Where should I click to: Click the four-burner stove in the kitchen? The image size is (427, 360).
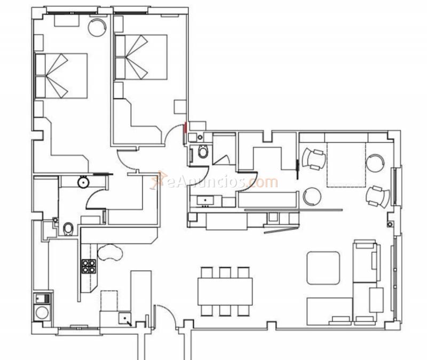click(88, 266)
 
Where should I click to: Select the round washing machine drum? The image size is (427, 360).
click(41, 312)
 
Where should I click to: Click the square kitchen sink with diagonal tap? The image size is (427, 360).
click(125, 319)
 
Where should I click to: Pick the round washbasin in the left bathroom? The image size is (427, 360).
click(83, 182)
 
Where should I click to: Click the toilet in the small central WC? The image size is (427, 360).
click(203, 153)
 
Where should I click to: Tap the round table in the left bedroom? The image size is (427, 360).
click(97, 27)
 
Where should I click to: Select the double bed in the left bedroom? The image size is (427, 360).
click(60, 75)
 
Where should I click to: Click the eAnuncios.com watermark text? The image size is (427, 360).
click(222, 182)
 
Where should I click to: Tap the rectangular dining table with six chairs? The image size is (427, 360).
click(225, 291)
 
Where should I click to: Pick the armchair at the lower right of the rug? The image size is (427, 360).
click(378, 196)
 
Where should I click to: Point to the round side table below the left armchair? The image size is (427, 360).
click(311, 196)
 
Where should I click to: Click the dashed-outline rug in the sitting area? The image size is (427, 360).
click(345, 164)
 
